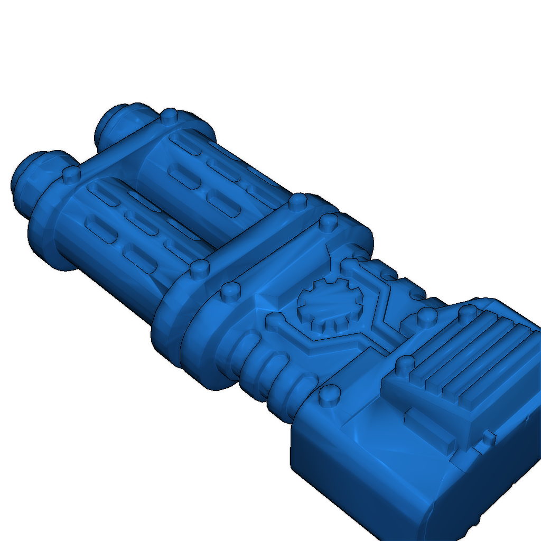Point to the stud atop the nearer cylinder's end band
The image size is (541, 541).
(70, 174)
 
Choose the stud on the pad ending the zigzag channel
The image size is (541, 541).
(425, 317)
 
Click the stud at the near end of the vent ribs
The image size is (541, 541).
(405, 365)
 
